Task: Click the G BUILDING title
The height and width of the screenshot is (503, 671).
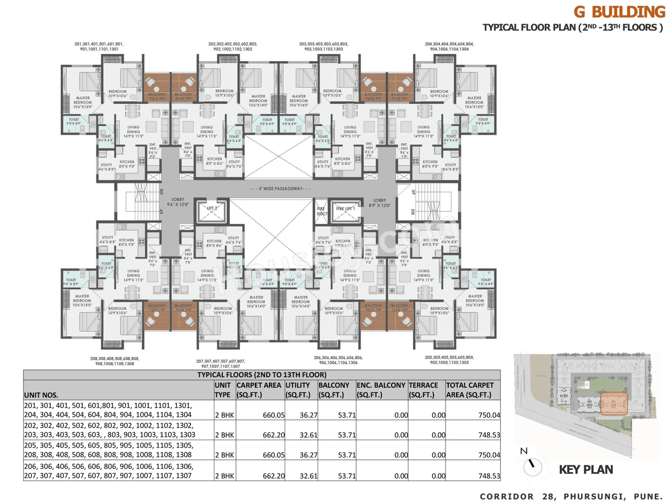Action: (619, 12)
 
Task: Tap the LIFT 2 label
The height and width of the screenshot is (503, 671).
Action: (212, 208)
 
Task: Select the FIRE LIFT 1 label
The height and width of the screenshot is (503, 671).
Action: (345, 209)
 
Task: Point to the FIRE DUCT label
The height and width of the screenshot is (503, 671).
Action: (321, 211)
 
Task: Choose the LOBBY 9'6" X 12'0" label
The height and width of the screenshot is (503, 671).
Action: (178, 202)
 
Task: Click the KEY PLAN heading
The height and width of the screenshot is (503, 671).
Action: (586, 469)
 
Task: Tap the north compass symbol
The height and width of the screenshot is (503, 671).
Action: (532, 465)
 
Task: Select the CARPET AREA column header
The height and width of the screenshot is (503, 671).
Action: (259, 390)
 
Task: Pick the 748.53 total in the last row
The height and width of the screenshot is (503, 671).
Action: (489, 476)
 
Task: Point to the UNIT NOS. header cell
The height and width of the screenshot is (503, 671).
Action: (41, 395)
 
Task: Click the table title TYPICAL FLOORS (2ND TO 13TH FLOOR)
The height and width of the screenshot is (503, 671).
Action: (262, 375)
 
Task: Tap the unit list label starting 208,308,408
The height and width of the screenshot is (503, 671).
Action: (114, 361)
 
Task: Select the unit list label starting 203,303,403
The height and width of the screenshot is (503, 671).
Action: (323, 47)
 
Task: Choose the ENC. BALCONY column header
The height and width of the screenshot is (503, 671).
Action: (381, 390)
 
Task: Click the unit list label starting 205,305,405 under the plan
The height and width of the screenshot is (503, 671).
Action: (449, 360)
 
